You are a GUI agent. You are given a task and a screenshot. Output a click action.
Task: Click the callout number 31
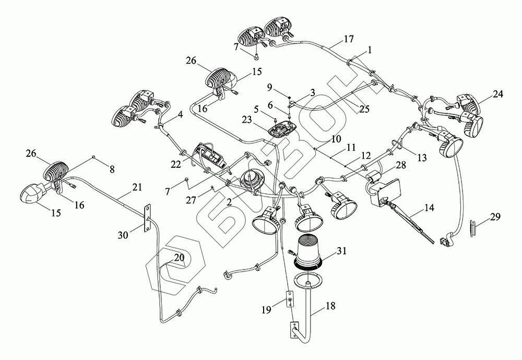[341, 251]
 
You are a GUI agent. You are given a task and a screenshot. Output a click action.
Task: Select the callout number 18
[330, 306]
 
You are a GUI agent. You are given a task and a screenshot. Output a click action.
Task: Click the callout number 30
[123, 235]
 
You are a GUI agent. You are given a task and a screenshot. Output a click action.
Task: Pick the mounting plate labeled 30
[147, 218]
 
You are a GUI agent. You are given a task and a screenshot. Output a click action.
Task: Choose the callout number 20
[179, 258]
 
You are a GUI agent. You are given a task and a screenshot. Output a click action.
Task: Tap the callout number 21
[137, 188]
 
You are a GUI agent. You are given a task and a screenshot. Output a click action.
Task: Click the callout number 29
[495, 217]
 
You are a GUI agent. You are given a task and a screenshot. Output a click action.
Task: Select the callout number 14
[430, 208]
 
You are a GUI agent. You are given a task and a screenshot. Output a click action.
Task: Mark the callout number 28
[401, 165]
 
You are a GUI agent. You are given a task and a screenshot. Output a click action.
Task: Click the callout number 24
[498, 95]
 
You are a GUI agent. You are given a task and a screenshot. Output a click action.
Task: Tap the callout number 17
[349, 39]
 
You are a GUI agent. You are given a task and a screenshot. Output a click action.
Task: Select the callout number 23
[247, 120]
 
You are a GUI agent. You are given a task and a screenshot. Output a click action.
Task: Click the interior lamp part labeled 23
[282, 128]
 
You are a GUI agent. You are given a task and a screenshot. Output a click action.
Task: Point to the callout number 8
[112, 170]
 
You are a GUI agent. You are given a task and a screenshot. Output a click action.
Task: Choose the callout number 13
[422, 158]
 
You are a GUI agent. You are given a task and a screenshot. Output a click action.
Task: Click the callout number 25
[364, 109]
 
